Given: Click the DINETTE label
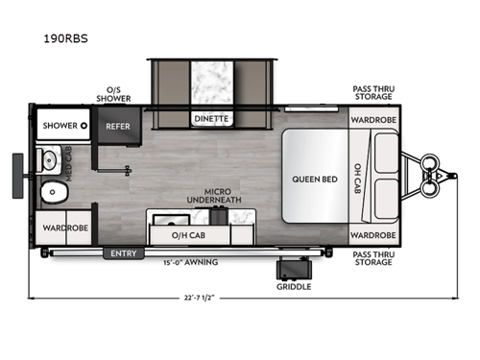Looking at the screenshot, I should [x=211, y=119].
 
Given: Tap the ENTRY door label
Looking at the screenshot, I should [x=124, y=253].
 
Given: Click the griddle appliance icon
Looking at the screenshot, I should [x=291, y=265].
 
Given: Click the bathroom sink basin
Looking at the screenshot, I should [x=48, y=159].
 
